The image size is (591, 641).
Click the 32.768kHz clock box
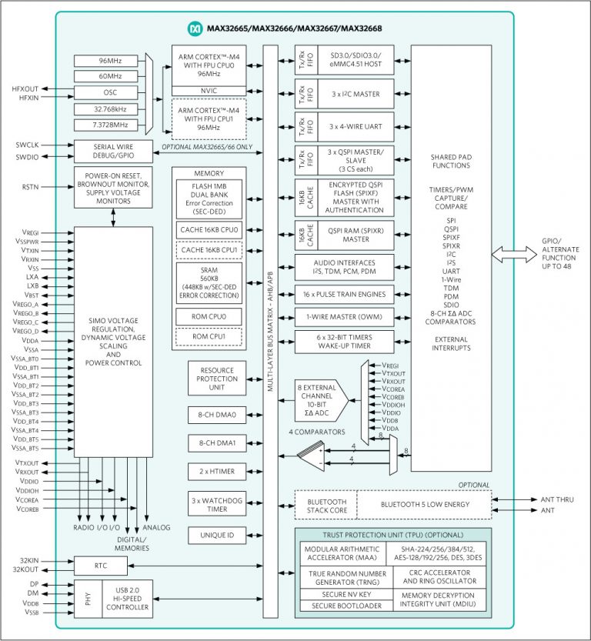pyautogui.click(x=108, y=109)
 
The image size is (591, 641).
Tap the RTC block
pyautogui.click(x=101, y=566)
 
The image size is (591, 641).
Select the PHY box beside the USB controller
pyautogui.click(x=85, y=599)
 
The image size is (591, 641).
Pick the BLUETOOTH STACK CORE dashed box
pyautogui.click(x=322, y=505)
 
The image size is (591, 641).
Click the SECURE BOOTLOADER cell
pyautogui.click(x=346, y=605)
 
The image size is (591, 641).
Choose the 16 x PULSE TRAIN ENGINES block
pyautogui.click(x=344, y=293)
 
